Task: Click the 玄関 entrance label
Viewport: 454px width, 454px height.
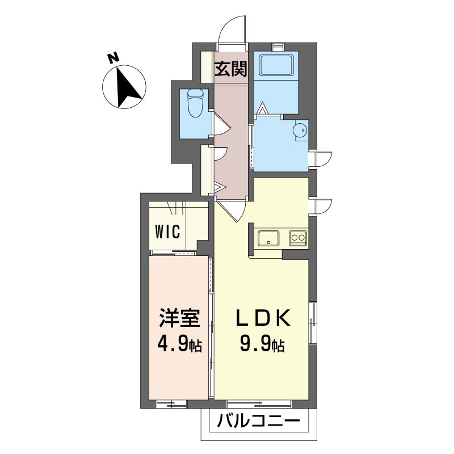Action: pyautogui.click(x=231, y=69)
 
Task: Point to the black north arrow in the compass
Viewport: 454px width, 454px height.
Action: pyautogui.click(x=127, y=87)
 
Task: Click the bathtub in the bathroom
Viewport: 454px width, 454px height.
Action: pyautogui.click(x=276, y=65)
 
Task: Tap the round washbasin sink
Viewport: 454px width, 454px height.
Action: pyautogui.click(x=300, y=130)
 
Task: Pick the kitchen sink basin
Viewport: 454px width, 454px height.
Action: pyautogui.click(x=268, y=238)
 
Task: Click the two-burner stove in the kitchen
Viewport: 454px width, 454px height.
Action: pyautogui.click(x=299, y=238)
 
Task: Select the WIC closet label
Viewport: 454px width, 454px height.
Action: pyautogui.click(x=167, y=232)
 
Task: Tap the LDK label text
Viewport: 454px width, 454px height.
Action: pyautogui.click(x=263, y=318)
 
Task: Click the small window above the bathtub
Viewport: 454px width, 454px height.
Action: pyautogui.click(x=278, y=47)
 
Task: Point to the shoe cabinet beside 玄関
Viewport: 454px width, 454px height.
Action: pyautogui.click(x=207, y=67)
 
